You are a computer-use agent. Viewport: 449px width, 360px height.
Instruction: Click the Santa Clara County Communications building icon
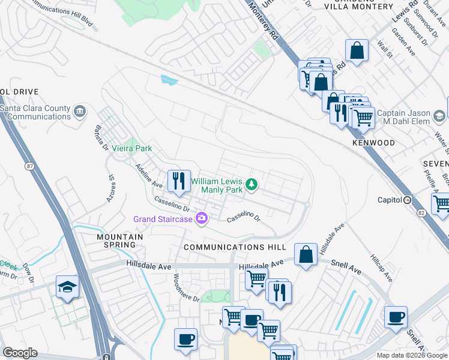[x=79, y=112]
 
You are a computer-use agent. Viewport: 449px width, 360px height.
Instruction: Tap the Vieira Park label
[x=131, y=148]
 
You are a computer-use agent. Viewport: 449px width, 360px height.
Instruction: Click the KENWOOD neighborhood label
[x=373, y=143]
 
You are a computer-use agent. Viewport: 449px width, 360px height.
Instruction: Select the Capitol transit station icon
[x=408, y=200]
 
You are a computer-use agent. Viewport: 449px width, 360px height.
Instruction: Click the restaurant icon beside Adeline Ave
[x=178, y=181]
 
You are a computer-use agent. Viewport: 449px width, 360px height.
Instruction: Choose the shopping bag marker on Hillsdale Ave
[x=306, y=254]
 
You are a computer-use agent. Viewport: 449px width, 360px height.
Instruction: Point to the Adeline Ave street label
[x=149, y=175]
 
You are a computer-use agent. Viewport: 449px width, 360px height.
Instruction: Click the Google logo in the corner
[x=20, y=353]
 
